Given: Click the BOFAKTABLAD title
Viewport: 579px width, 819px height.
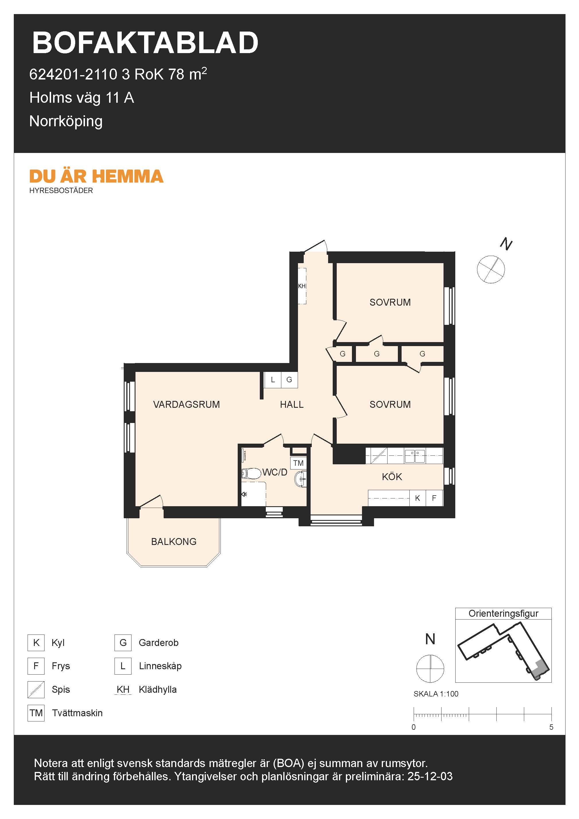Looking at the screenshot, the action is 145,43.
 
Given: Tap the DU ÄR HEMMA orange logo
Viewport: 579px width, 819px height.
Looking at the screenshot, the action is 96,176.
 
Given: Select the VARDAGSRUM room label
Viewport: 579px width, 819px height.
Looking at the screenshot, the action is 186,405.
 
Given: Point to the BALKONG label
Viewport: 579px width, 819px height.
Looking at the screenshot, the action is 174,542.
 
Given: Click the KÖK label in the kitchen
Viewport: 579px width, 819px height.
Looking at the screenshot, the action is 392,477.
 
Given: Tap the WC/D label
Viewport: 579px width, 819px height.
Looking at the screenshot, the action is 275,472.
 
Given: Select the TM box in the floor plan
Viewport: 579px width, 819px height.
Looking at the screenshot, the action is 299,463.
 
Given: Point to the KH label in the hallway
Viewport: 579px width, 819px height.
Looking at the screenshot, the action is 302,286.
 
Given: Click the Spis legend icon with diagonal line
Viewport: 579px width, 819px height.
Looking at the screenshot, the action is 36,690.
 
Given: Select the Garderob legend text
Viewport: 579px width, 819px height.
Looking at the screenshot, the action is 158,643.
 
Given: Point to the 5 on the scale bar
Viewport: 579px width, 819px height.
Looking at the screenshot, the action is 551,727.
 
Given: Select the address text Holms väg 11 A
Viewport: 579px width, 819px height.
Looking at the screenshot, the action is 82,98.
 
